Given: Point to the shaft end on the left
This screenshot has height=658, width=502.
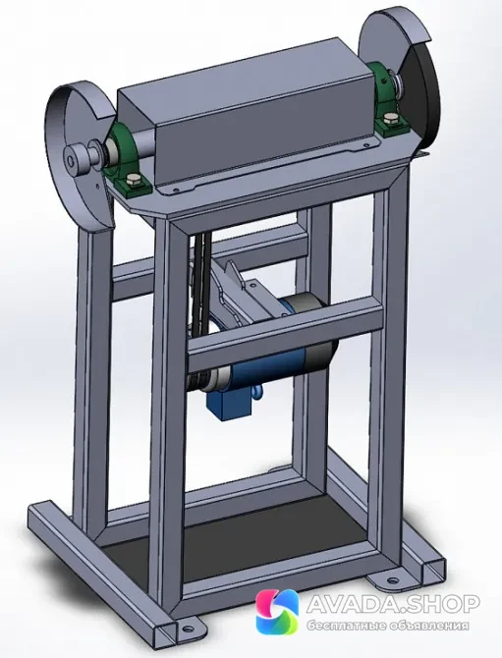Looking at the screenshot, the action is point(72,159).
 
